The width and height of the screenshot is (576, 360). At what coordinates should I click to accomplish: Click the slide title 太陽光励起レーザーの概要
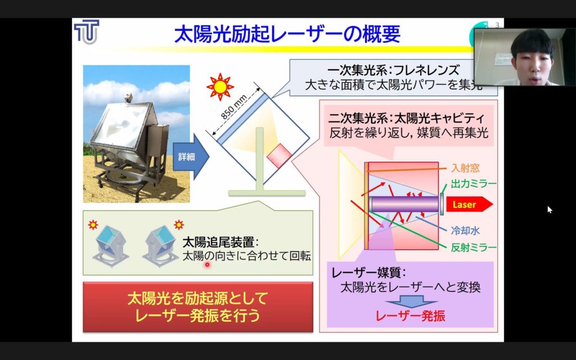point(287,34)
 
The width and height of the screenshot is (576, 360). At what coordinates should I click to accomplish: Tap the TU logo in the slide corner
point(87,32)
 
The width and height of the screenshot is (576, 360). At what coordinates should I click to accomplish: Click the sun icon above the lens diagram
point(220,87)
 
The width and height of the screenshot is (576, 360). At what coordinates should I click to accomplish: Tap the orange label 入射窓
point(465,168)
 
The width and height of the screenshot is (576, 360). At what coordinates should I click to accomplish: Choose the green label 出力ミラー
point(474,184)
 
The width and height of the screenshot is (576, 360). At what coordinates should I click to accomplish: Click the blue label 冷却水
point(465,230)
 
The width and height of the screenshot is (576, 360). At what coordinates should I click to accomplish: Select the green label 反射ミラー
point(474,247)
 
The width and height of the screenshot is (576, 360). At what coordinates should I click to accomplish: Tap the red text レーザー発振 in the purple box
point(410,316)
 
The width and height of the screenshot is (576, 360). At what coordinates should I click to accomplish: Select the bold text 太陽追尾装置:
point(220,242)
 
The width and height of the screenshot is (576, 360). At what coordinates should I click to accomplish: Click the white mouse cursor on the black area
point(550,210)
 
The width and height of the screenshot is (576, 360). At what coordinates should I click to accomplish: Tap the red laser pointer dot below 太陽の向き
point(207,264)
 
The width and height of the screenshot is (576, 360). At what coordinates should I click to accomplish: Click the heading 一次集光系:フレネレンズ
point(393,70)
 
